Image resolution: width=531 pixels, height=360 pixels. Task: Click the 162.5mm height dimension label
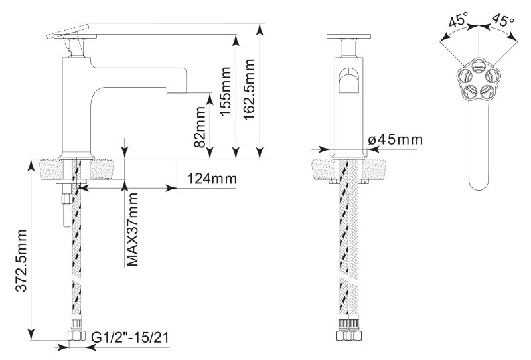click(250, 89)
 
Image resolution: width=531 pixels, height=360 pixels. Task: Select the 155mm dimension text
click(226, 91)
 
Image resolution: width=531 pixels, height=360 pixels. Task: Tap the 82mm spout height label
click(200, 127)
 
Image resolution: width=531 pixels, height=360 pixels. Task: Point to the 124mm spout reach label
click(212, 178)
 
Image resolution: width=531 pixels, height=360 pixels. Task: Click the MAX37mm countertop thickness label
click(132, 230)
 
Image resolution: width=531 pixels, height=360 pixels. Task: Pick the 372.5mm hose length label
click(21, 260)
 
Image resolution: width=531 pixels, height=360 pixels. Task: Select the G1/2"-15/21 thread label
click(129, 337)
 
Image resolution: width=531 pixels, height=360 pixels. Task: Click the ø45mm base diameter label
click(396, 139)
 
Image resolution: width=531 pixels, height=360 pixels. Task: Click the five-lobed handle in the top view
click(478, 79)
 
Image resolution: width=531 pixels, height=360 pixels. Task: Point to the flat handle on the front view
click(348, 37)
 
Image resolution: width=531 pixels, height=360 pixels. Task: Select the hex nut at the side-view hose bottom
click(76, 337)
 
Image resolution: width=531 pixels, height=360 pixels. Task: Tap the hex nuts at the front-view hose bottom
click(349, 336)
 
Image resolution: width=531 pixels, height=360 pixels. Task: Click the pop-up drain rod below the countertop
click(66, 209)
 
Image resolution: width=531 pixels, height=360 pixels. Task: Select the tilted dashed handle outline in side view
click(68, 32)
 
